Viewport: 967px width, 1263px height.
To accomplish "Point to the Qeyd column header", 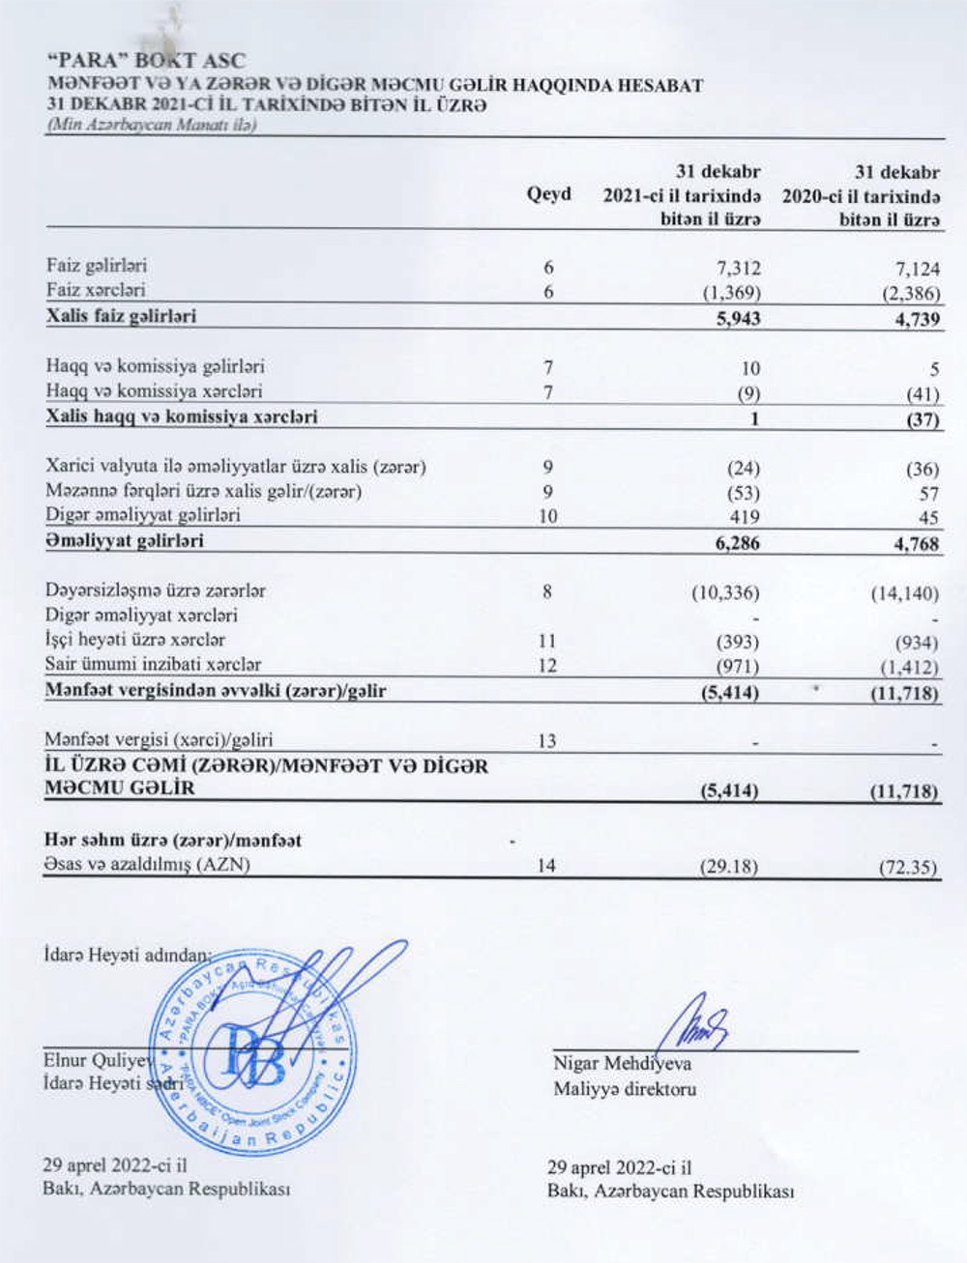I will click(x=548, y=194).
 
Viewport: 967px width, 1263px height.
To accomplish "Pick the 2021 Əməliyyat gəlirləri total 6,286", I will click(x=737, y=542).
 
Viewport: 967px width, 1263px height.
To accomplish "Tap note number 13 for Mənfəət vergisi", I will click(x=546, y=740).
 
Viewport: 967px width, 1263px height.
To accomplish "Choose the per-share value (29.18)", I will click(x=729, y=865).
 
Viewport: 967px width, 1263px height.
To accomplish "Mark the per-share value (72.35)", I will click(x=908, y=866).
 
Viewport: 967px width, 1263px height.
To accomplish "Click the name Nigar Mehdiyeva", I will click(x=622, y=1064).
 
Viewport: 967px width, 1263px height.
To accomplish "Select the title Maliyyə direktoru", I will click(x=624, y=1089).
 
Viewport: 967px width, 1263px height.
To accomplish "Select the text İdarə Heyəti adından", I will click(x=127, y=956).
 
